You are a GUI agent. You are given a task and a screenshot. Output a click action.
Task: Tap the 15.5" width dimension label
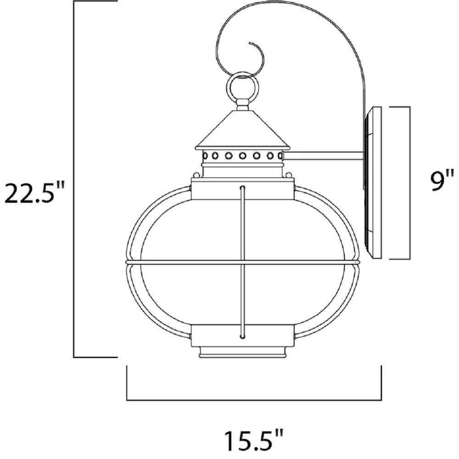pyautogui.click(x=254, y=440)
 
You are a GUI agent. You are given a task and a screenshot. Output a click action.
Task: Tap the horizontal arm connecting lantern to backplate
pyautogui.click(x=324, y=156)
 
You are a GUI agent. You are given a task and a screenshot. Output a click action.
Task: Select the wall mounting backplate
pyautogui.click(x=373, y=183)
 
